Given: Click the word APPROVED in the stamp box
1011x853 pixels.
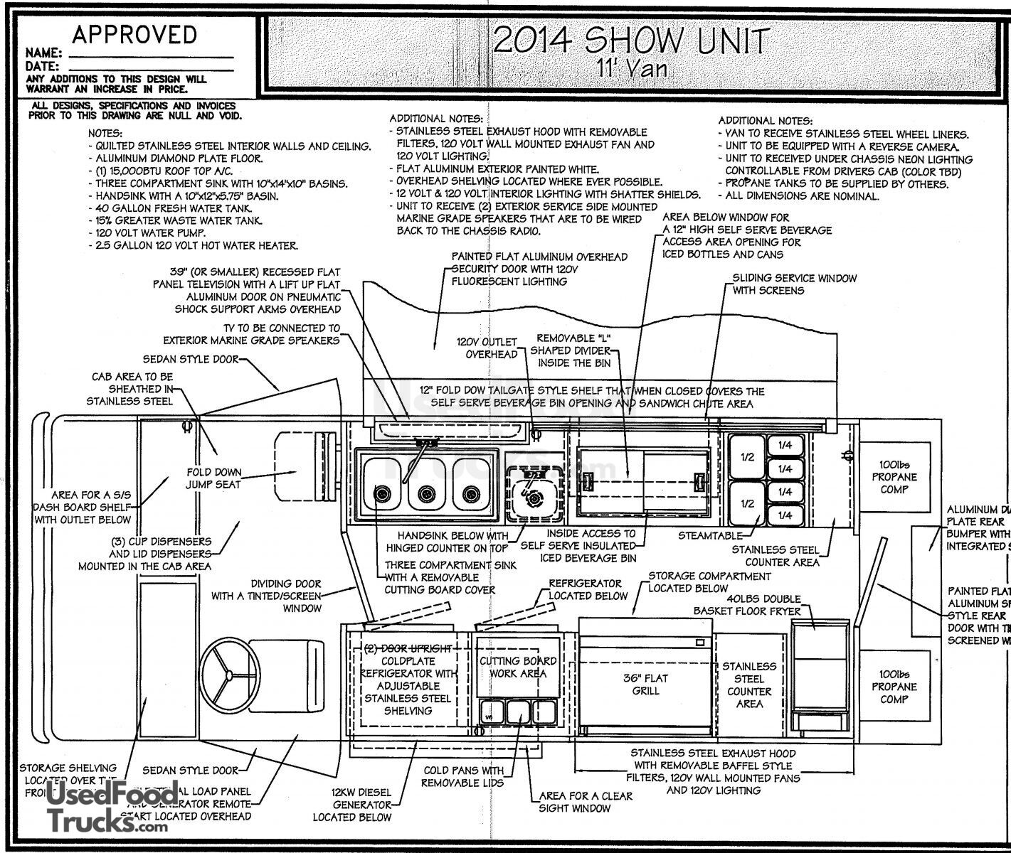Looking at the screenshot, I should point(134,35).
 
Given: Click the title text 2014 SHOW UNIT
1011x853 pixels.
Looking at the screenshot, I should point(630,41).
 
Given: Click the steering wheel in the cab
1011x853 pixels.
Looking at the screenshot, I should point(227,673).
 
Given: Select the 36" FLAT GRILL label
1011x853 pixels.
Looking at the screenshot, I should point(645,684).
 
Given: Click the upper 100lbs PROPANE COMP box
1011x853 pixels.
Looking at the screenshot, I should point(894,477).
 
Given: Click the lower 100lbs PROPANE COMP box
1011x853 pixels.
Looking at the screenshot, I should point(894,687).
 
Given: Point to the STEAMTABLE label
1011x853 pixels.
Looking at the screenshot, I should point(709,535).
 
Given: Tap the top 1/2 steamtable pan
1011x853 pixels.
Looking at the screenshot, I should point(747,458).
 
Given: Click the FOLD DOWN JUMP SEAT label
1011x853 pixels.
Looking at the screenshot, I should point(213,478).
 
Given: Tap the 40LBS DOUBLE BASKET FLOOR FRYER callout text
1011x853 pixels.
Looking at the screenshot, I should point(747,604).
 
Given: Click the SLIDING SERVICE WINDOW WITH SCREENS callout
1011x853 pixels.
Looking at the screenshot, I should point(794,284).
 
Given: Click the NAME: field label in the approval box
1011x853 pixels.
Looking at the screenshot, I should point(43,53).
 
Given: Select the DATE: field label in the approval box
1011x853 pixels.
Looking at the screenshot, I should point(42,66).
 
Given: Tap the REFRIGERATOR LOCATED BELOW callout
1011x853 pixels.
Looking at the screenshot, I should point(587,589).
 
